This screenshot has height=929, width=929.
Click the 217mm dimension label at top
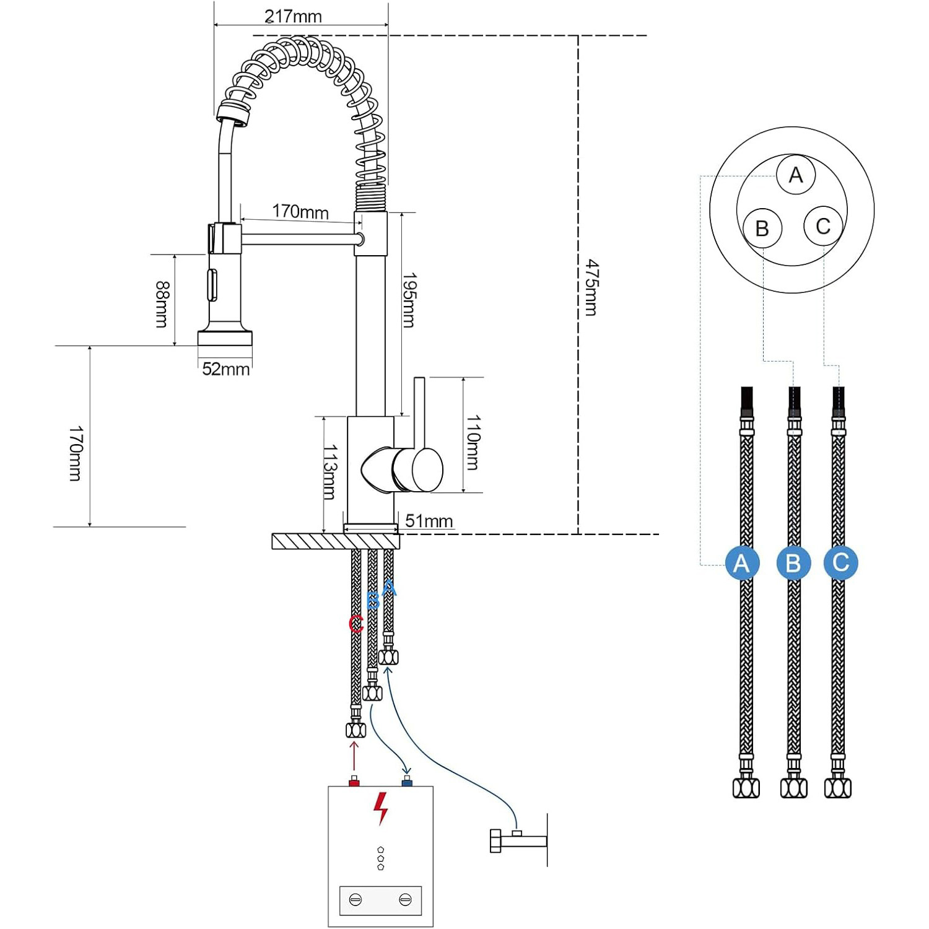click(293, 16)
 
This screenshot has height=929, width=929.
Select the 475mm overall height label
click(591, 287)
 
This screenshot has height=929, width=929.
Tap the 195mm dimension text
click(409, 300)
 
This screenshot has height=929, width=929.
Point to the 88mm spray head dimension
click(162, 303)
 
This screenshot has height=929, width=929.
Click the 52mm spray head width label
click(225, 369)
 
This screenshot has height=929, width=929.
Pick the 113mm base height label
click(329, 472)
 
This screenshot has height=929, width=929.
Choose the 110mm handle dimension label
click(473, 442)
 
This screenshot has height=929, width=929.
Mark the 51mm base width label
click(429, 521)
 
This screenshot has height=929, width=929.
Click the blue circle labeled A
click(741, 563)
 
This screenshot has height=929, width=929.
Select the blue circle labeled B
click(793, 563)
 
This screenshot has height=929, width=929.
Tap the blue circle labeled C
click(840, 562)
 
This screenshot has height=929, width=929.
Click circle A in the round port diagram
click(796, 175)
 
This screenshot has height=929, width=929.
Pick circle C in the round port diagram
click(823, 227)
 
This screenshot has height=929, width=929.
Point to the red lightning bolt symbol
click(380, 808)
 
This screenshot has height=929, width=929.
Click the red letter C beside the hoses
click(355, 624)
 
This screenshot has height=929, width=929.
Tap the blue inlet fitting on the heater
click(407, 782)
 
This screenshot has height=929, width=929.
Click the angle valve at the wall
click(514, 840)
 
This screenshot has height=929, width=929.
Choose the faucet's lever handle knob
click(418, 469)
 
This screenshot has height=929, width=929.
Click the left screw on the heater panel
click(355, 900)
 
